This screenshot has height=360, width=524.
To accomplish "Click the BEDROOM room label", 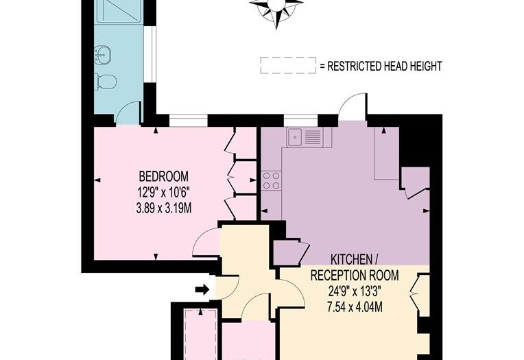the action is (164, 176).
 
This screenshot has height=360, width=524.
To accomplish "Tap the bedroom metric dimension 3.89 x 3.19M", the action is (164, 209).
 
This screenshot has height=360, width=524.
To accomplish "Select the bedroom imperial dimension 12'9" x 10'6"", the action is (164, 193).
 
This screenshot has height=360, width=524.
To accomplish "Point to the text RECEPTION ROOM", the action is (355, 276).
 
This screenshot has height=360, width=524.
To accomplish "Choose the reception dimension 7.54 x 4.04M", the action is (355, 307).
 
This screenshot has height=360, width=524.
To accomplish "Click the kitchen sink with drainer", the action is (305, 136).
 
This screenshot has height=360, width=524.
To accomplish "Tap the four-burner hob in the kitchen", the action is (271, 180).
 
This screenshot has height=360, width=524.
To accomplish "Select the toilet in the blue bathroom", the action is (106, 82).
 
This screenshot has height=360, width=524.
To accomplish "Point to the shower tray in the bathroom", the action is (119, 11).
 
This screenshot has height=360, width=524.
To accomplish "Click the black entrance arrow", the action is (202, 289).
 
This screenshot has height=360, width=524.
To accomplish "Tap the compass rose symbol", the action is (276, 10).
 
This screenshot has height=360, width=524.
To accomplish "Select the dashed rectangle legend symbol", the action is (288, 65).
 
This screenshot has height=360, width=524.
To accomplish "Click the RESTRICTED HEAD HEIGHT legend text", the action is (384, 67).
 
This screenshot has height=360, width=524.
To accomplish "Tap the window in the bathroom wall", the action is (154, 54).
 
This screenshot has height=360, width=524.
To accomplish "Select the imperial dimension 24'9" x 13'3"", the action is (355, 291).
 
